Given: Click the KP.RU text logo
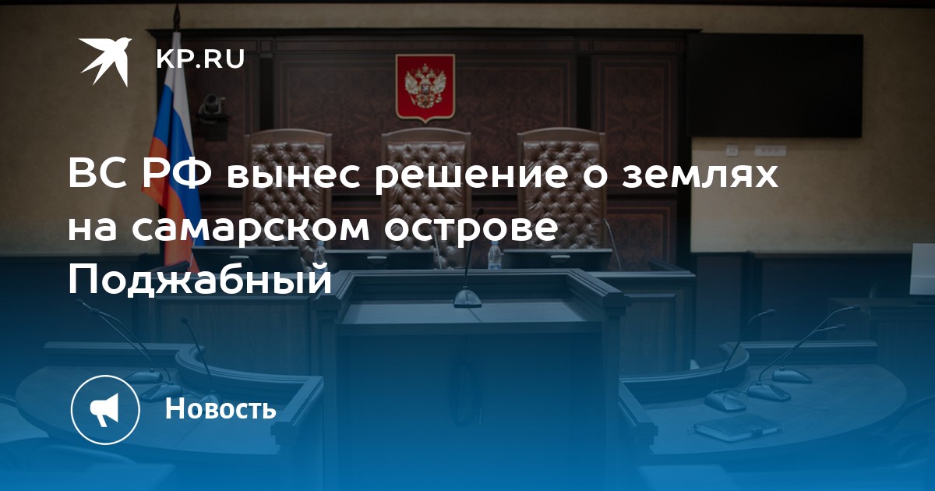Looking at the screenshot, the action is point(200,59).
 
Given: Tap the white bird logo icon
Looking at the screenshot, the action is point(105,62).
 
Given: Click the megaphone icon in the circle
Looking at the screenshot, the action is point(104,410).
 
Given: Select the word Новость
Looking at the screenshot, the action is point(221,408).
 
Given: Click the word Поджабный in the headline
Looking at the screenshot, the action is point(200,281).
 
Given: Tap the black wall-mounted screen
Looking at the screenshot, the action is point(775,86).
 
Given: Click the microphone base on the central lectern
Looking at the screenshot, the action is point(467,299).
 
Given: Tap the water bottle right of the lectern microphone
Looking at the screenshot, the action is point(495,256).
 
